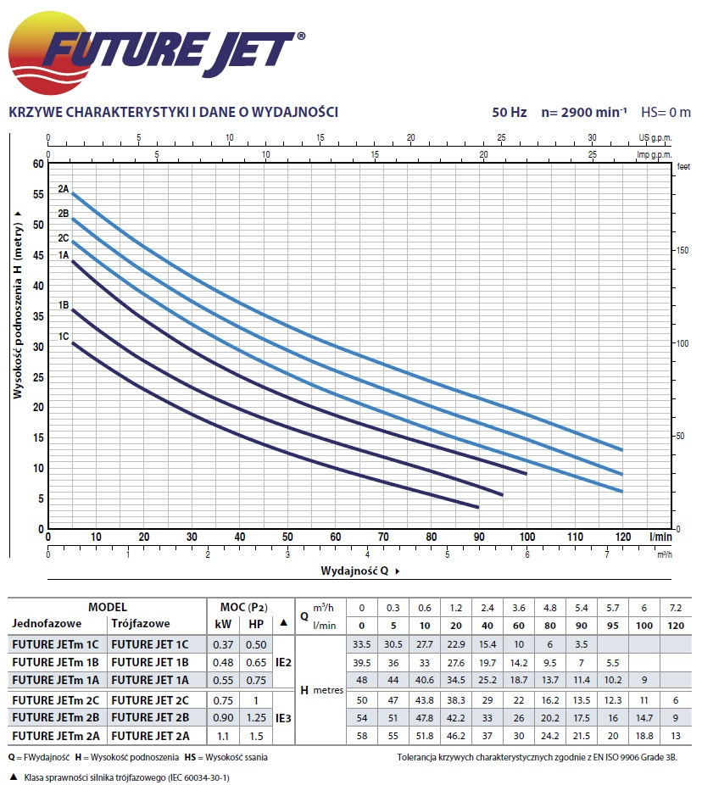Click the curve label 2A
click(64, 189)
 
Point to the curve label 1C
click(64, 337)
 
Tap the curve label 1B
click(64, 305)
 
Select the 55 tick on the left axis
click(37, 194)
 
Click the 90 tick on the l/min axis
click(479, 537)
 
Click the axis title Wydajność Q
click(354, 571)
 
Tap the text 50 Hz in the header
click(510, 112)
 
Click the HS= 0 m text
click(666, 112)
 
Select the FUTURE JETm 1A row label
click(58, 679)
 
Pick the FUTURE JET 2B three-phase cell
click(150, 717)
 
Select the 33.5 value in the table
click(361, 644)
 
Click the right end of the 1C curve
click(479, 507)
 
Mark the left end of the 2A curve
click(72, 193)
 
